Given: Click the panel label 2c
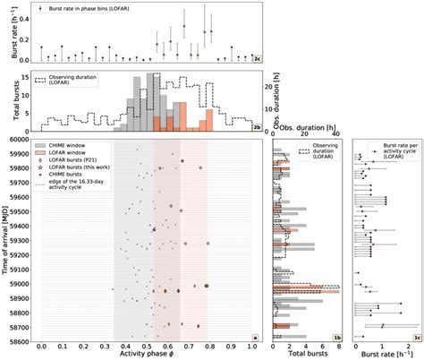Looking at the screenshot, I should coord(256,56).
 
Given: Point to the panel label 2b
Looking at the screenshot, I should coord(256,126).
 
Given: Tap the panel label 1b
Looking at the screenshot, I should coord(337,338).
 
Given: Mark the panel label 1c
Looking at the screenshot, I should coord(416,338).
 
